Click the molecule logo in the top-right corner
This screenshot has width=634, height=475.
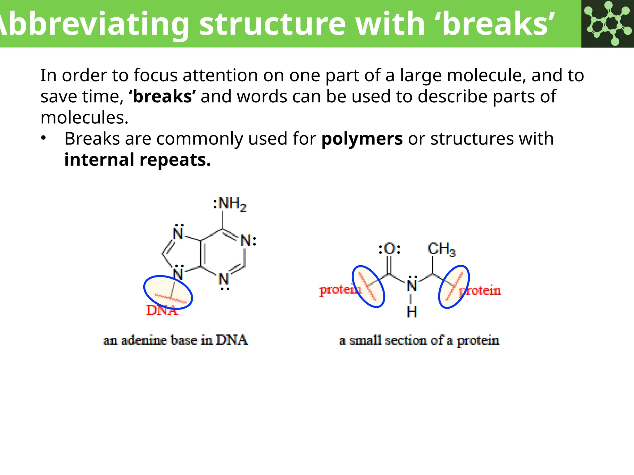[608, 24]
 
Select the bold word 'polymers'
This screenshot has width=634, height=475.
[362, 139]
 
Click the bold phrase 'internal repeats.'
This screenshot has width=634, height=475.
[137, 160]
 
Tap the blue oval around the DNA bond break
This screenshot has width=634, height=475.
[168, 292]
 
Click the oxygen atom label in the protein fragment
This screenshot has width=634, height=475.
[390, 249]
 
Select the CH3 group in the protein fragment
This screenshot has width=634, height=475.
[441, 249]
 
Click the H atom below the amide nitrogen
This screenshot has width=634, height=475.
[412, 312]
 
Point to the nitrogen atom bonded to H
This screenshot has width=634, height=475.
[412, 285]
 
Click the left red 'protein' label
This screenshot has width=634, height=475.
[339, 290]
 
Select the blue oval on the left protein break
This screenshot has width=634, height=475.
[368, 286]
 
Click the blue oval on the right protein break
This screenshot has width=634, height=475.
[454, 287]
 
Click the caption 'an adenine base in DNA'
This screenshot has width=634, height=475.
[175, 340]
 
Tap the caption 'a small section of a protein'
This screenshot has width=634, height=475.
[419, 340]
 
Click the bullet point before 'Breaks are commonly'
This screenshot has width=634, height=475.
[44, 138]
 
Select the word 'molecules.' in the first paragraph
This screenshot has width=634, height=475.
[84, 118]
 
